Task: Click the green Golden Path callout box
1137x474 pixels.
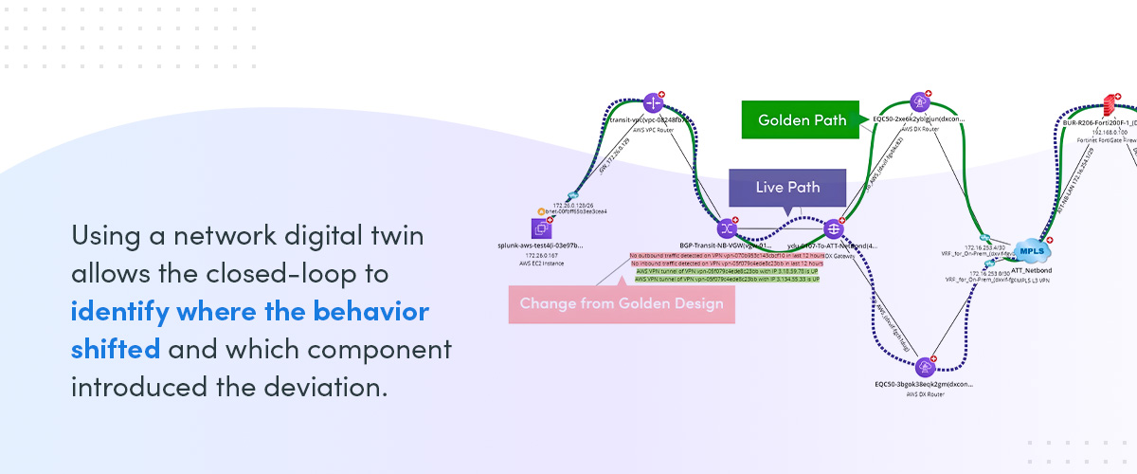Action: (803, 120)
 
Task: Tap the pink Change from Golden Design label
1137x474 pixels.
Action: (621, 303)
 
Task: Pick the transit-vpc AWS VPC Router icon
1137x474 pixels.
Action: (652, 102)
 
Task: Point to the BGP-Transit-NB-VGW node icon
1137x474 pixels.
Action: (727, 228)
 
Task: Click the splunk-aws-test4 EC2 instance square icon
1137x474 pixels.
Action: (542, 228)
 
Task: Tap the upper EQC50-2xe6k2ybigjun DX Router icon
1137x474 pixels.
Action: (919, 101)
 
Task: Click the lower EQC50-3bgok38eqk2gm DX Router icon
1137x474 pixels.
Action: (926, 367)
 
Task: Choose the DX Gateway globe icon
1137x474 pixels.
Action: (834, 228)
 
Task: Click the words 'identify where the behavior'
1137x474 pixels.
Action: (250, 311)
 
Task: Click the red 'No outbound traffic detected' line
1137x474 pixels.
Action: (727, 256)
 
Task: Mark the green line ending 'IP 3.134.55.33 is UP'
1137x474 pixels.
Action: (727, 280)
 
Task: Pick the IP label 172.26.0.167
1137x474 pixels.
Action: (542, 255)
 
